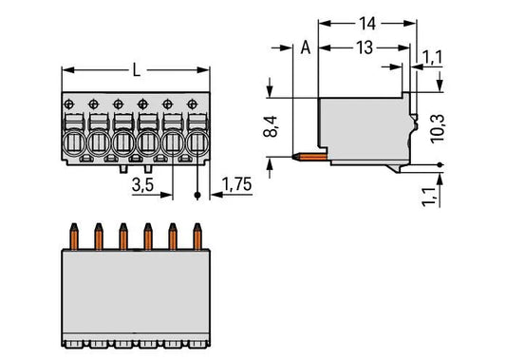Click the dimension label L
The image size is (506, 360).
click(137, 69)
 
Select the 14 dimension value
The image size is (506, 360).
click(367, 24)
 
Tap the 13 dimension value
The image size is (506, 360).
click(365, 47)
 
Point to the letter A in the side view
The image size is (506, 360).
click(306, 47)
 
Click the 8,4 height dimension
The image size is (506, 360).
click(271, 126)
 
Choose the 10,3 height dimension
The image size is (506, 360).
click(438, 128)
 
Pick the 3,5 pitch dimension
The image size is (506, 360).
click(142, 185)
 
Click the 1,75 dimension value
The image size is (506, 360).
click(236, 184)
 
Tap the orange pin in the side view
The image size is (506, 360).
click(309, 158)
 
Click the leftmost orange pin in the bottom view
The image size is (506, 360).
click(74, 237)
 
